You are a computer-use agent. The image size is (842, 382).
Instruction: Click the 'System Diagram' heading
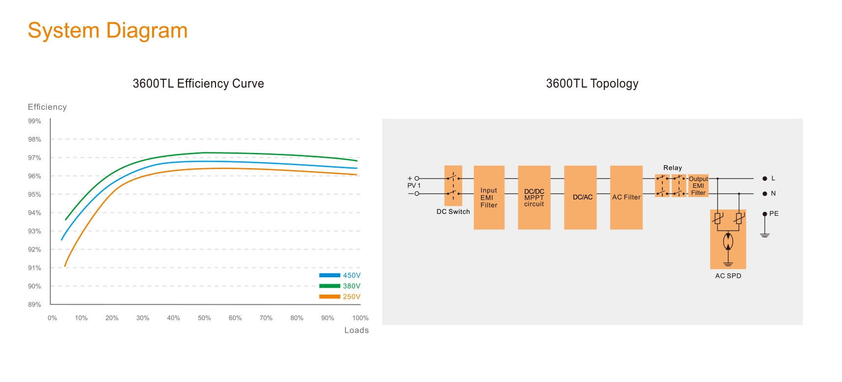[x=108, y=30]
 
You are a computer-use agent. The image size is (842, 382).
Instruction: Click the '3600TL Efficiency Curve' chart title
[x=198, y=84]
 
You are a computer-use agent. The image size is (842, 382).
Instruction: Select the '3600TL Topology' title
[x=592, y=84]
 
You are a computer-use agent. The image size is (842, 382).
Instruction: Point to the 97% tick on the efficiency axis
[x=34, y=158]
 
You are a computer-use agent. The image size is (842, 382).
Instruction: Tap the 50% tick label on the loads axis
[x=204, y=318]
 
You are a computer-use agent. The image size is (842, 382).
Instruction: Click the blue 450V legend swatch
[x=329, y=275]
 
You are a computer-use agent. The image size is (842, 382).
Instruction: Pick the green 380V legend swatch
[x=329, y=286]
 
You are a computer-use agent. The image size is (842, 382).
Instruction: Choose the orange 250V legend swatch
[x=329, y=296]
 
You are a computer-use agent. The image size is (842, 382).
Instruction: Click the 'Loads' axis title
[x=356, y=330]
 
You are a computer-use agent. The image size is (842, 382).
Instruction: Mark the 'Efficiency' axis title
[x=47, y=107]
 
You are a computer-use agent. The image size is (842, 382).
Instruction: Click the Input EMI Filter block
[x=489, y=198]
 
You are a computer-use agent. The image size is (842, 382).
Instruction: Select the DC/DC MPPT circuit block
[x=534, y=198]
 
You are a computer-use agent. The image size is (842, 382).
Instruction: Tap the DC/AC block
[x=580, y=198]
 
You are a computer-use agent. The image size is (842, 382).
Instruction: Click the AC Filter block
[x=626, y=198]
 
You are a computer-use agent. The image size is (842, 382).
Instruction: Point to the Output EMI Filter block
[x=698, y=186]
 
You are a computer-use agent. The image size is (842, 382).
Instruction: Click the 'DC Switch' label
[x=453, y=212]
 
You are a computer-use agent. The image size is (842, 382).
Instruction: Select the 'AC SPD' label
[x=728, y=276]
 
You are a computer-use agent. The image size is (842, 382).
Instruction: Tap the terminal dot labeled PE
[x=765, y=214]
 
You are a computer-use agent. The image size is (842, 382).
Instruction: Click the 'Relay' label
[x=672, y=168]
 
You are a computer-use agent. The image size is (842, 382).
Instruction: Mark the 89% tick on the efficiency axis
[x=34, y=305]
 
